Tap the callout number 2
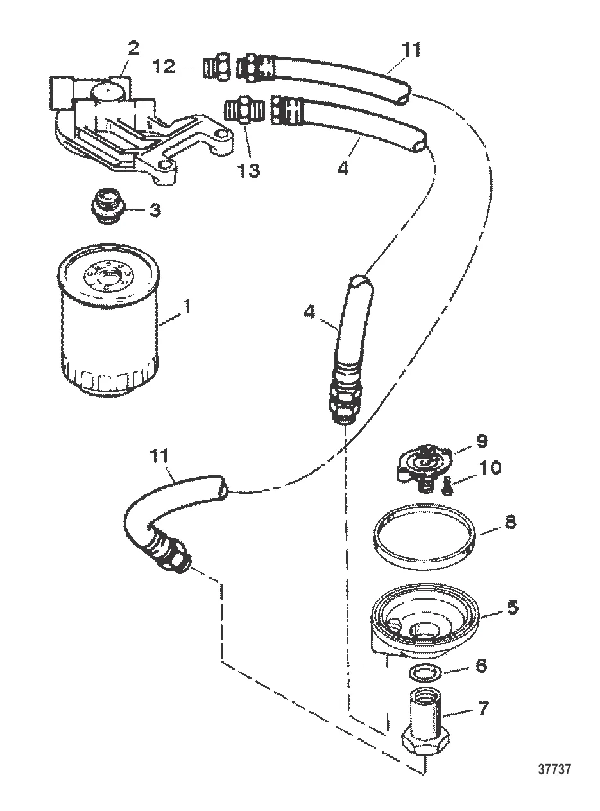pos(133,48)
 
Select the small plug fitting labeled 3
pos(107,206)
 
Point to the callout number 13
pos(248,170)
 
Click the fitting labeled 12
pos(217,67)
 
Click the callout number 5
pos(513,607)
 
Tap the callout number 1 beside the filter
pos(187,306)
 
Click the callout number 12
pos(164,66)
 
